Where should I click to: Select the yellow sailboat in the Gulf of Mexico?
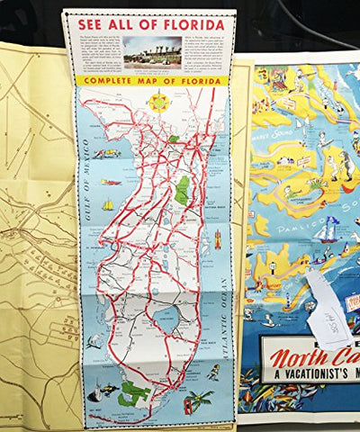108,204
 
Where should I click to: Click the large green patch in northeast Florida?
183,190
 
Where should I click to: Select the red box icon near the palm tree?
187,400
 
